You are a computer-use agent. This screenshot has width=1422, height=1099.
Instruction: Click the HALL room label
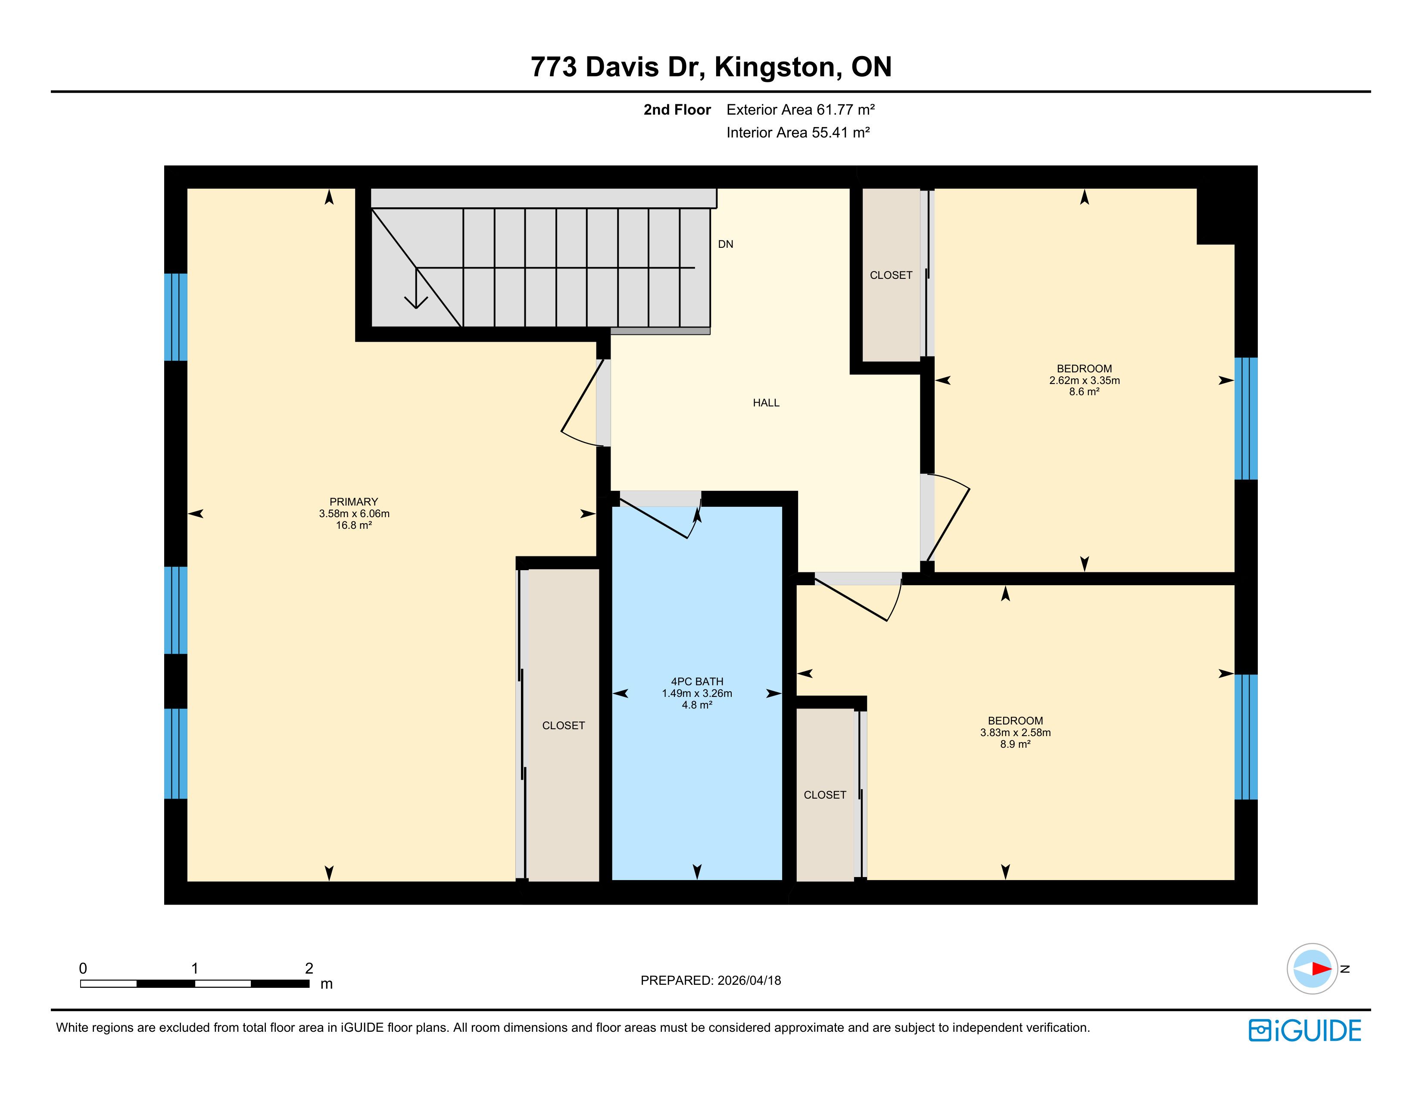pyautogui.click(x=766, y=403)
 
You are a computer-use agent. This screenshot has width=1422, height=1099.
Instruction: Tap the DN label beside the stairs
pyautogui.click(x=725, y=244)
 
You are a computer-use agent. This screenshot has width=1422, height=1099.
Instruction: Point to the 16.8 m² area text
pyautogui.click(x=353, y=525)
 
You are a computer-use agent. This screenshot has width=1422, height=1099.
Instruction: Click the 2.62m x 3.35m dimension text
pyautogui.click(x=1084, y=380)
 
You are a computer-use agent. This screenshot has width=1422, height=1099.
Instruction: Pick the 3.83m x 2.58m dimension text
pyautogui.click(x=1015, y=732)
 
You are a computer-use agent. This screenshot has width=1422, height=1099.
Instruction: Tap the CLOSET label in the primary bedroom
pyautogui.click(x=563, y=726)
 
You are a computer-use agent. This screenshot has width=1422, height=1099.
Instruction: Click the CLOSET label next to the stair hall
pyautogui.click(x=891, y=275)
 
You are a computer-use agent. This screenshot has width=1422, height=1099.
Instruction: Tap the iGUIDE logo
pyautogui.click(x=1305, y=1030)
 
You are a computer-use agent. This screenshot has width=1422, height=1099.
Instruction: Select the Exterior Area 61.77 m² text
pyautogui.click(x=800, y=109)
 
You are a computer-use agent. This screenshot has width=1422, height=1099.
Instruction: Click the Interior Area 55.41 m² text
pyautogui.click(x=798, y=132)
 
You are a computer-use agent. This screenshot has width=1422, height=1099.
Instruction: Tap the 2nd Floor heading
pyautogui.click(x=677, y=109)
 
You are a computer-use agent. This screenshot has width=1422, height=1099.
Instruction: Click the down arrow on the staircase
pyautogui.click(x=416, y=288)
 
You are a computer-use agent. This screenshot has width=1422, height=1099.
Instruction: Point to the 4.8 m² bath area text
pyautogui.click(x=697, y=705)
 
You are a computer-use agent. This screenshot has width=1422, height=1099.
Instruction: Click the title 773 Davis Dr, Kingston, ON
pyautogui.click(x=711, y=66)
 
